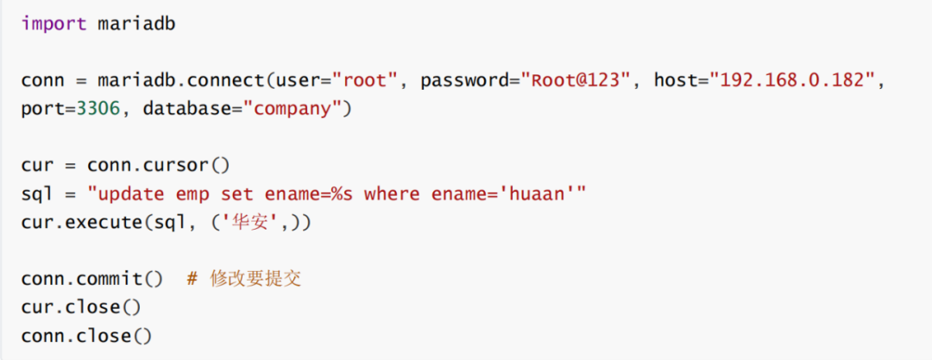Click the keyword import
coord(54,23)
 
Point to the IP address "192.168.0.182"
coord(790,80)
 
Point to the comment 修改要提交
coord(255,279)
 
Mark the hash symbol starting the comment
coord(192,279)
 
